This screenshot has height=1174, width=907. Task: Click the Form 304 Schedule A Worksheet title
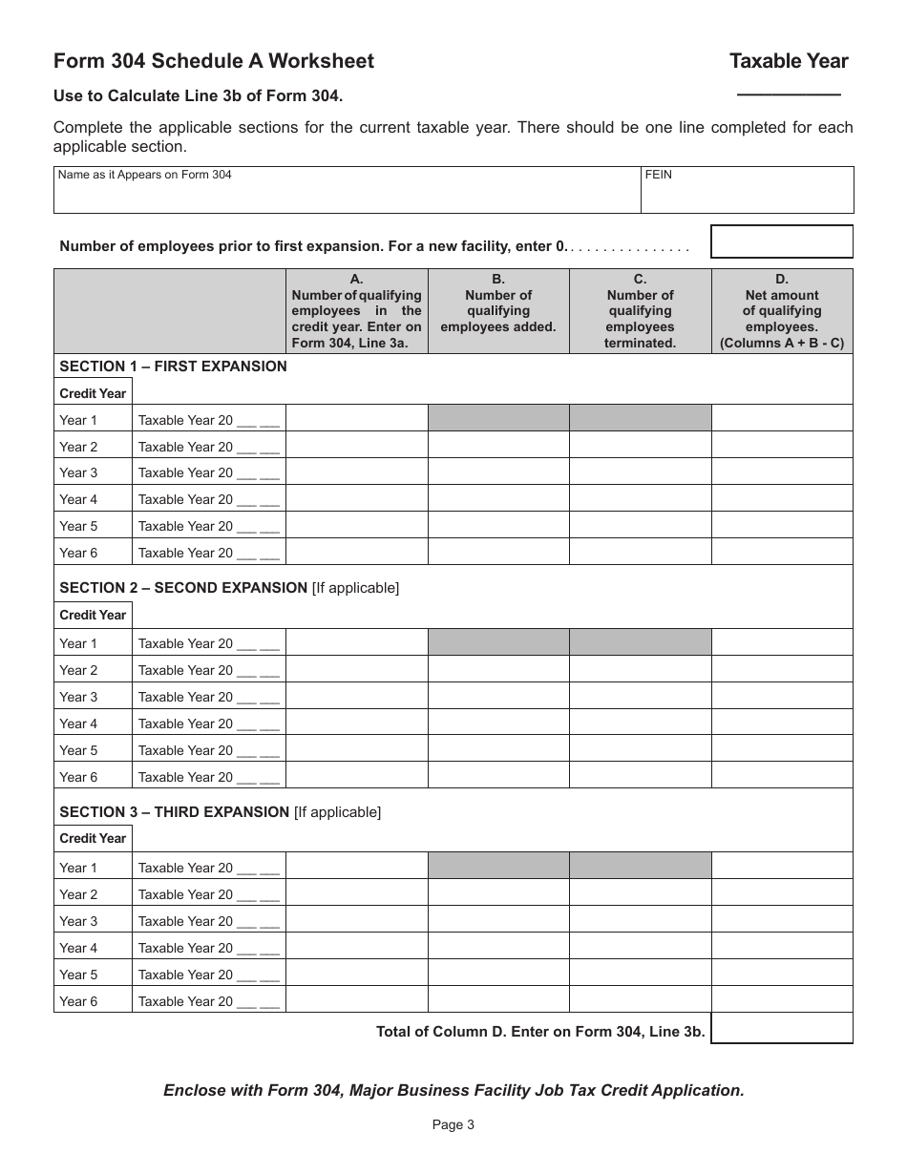214,61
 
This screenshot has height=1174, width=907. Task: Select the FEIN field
747,190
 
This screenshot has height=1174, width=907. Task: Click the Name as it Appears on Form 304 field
347,190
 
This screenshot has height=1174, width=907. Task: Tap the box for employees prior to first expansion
782,241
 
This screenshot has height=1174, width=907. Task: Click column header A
356,311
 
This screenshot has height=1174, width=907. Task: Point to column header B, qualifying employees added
498,311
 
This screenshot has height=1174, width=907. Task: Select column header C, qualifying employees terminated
640,311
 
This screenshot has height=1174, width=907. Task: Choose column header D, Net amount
782,311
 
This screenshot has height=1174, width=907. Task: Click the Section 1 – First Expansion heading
173,367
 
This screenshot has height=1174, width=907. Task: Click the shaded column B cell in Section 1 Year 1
498,418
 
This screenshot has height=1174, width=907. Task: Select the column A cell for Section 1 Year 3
356,472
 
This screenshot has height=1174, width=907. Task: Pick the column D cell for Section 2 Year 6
782,776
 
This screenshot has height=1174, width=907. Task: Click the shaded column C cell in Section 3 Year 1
640,866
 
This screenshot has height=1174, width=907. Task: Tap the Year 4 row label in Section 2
78,723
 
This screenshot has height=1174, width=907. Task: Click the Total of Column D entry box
782,1028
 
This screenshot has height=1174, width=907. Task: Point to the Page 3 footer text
453,1124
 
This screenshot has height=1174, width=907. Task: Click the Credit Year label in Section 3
93,838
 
